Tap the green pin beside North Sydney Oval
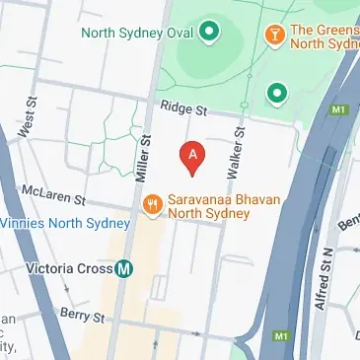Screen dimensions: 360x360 [x=208, y=33]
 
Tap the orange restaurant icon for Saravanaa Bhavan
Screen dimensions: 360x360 [x=153, y=204]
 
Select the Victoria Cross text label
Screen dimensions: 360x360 [x=57, y=266]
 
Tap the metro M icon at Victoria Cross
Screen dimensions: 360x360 [x=124, y=266]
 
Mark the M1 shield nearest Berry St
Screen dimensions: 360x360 [x=282, y=337]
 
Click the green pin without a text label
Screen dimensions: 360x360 [x=277, y=93]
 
